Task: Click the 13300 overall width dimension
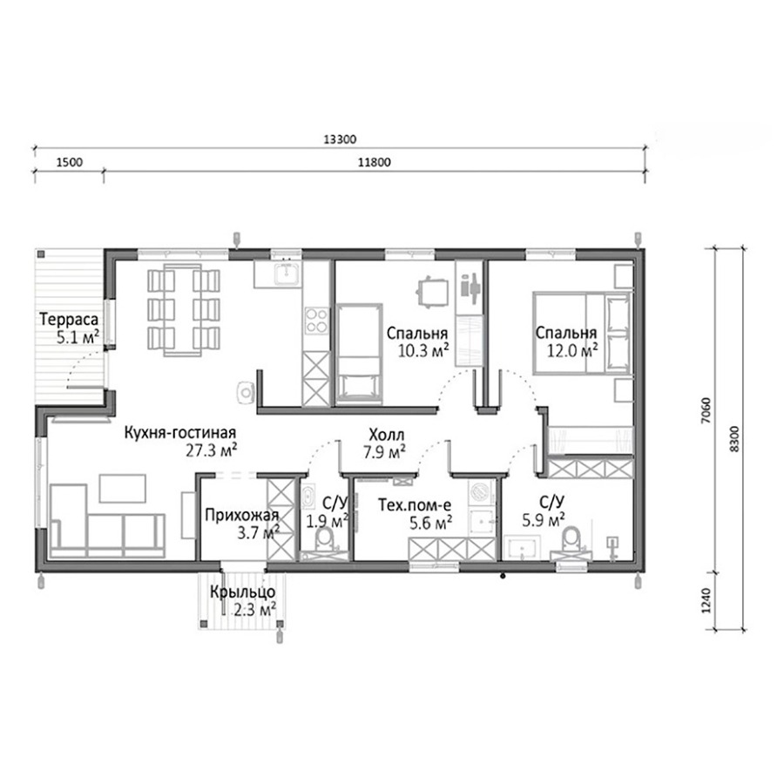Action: point(340,139)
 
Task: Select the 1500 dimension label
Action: point(70,163)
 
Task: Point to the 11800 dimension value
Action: point(375,163)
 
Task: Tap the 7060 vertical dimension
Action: point(706,410)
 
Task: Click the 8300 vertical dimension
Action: point(733,439)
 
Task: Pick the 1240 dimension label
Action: point(706,600)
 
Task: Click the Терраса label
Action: point(69,319)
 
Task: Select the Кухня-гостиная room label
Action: point(180,432)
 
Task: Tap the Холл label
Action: point(387,435)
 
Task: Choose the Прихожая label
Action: point(241,515)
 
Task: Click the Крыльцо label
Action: point(242,592)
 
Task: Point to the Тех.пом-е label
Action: point(415,505)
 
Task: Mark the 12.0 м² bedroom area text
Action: point(572,350)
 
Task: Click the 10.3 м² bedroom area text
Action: point(423,350)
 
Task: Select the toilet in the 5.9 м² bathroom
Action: point(571,539)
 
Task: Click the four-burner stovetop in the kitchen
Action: point(317,321)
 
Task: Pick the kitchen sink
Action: point(287,273)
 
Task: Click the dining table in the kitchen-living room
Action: point(183,310)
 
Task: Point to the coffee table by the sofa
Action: point(123,489)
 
